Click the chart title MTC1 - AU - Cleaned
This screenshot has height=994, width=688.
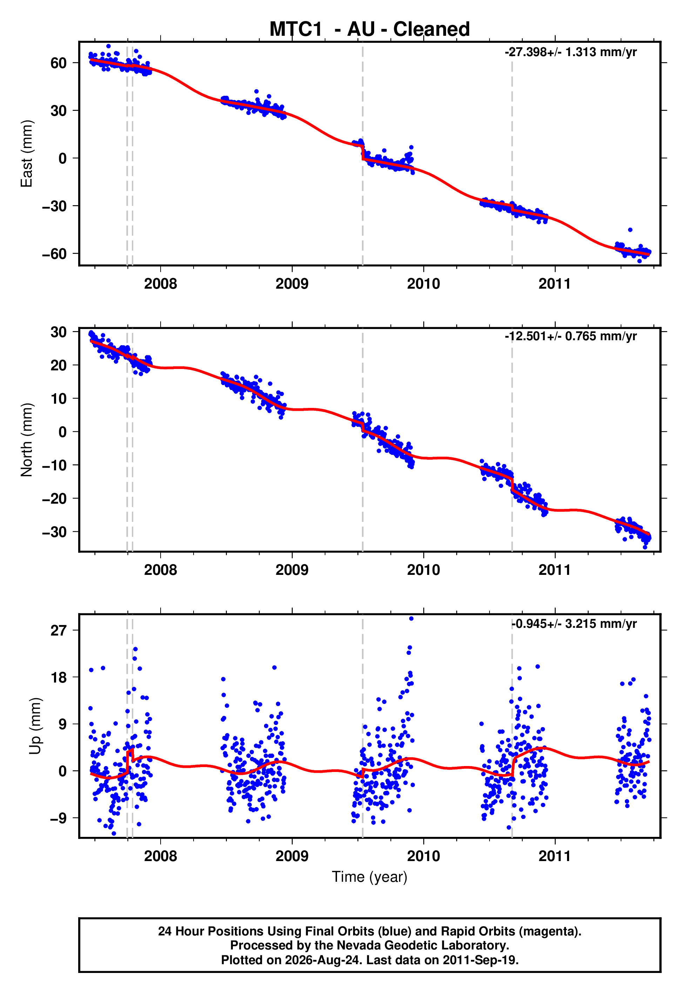tap(370, 29)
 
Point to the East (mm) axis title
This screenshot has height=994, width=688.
tap(27, 154)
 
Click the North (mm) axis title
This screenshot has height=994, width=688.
tap(27, 440)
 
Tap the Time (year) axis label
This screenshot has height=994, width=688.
tap(370, 877)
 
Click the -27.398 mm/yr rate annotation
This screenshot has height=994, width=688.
tap(571, 52)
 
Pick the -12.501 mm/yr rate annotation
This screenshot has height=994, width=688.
tap(571, 336)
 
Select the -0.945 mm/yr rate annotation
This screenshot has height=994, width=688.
tap(574, 624)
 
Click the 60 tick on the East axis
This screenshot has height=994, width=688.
tap(59, 63)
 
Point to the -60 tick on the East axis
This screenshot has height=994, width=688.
tap(54, 254)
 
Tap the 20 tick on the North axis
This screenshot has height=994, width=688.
tap(59, 365)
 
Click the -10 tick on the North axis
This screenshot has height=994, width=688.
tap(54, 465)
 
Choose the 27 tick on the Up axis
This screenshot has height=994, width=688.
tap(59, 631)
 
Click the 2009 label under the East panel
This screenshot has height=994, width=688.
tap(292, 284)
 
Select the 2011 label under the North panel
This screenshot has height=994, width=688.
tap(555, 570)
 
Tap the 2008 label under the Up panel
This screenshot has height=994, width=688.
tap(160, 856)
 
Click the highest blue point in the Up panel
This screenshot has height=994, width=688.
tap(411, 619)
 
